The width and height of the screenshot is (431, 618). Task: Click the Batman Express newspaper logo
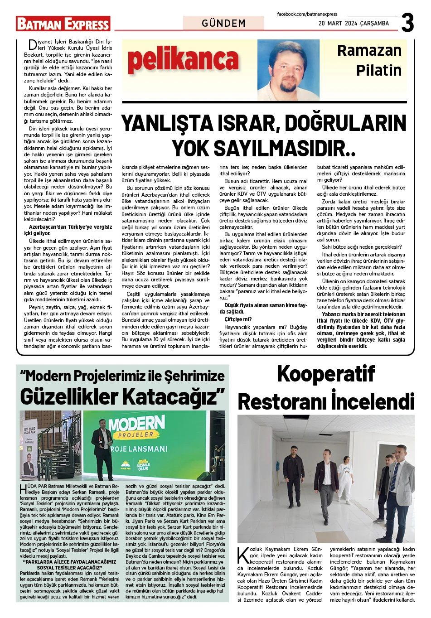coord(63,24)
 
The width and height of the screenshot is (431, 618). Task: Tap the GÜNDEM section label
coord(223,23)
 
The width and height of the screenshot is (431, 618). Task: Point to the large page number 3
coord(407,22)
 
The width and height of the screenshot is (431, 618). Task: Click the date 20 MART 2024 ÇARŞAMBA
coord(354,23)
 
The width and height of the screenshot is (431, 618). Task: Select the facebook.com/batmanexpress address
coord(307,14)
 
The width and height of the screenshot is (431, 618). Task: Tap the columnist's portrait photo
coord(288,70)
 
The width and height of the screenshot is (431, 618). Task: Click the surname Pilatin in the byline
coord(378,71)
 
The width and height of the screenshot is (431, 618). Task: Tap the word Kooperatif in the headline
coord(326,374)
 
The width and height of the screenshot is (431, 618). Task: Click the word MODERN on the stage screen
coord(136,424)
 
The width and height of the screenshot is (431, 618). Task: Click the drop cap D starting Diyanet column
coord(32,45)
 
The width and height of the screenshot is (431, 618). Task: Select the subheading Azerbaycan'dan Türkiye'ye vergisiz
coord(70,227)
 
